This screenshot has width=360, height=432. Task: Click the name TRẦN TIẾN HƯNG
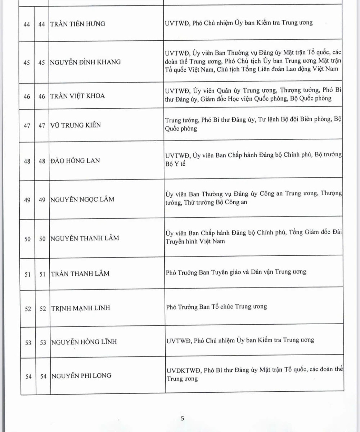click(x=78, y=24)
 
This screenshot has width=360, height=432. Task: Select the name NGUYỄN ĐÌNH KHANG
click(x=85, y=62)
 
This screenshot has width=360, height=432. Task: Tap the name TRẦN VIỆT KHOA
click(x=78, y=96)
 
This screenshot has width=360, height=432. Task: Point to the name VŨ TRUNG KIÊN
click(x=76, y=125)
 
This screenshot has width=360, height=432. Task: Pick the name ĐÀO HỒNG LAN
click(x=75, y=161)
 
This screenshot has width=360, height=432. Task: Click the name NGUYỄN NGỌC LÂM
click(x=82, y=199)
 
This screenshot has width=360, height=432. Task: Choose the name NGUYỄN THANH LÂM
click(x=85, y=238)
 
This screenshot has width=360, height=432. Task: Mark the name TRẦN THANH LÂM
click(x=80, y=273)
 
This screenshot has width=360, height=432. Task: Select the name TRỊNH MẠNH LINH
click(x=80, y=308)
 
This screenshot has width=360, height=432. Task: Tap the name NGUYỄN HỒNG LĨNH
click(x=84, y=342)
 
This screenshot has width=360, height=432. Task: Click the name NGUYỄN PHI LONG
click(x=81, y=375)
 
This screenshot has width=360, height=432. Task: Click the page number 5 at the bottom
click(x=183, y=418)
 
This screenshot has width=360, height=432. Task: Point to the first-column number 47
click(x=27, y=125)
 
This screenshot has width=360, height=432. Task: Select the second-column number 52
click(x=42, y=309)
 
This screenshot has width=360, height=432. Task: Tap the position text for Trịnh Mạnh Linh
click(x=216, y=307)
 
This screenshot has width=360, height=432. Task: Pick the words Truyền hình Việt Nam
click(x=195, y=241)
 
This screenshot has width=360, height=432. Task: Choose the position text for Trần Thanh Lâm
click(x=236, y=272)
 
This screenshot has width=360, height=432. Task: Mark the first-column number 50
click(x=27, y=239)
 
